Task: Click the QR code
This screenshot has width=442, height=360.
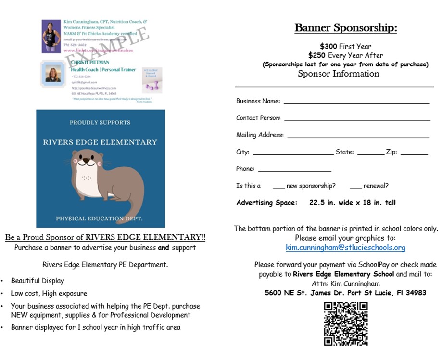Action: pyautogui.click(x=346, y=323)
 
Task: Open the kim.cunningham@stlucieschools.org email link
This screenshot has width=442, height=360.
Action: pyautogui.click(x=345, y=247)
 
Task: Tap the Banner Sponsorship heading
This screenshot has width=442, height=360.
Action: pyautogui.click(x=345, y=28)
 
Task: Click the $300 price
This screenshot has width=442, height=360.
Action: pyautogui.click(x=328, y=46)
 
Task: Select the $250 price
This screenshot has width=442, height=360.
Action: pyautogui.click(x=317, y=55)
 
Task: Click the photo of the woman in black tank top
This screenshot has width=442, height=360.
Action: pyautogui.click(x=51, y=36)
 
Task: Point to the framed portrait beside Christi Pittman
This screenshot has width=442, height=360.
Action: pyautogui.click(x=53, y=73)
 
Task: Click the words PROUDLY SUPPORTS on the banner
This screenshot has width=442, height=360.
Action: pyautogui.click(x=100, y=122)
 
